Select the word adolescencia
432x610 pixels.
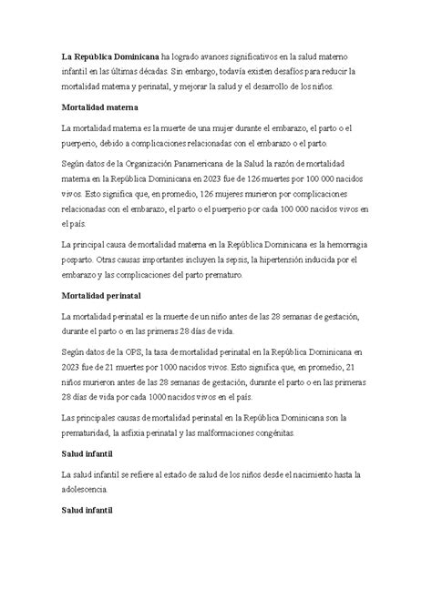click(x=92, y=490)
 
